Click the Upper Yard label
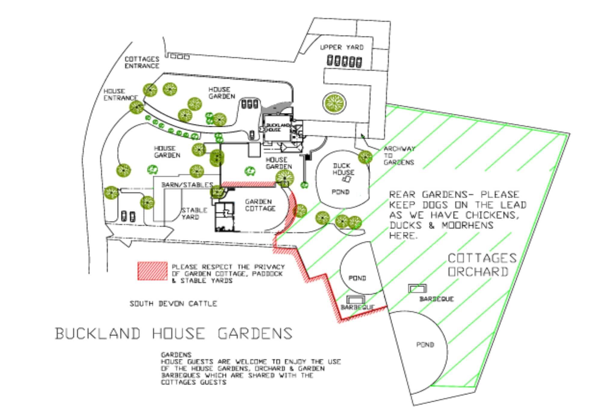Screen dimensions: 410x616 (342, 47)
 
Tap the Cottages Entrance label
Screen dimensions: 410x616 (142, 62)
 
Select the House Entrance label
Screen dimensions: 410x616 (120, 95)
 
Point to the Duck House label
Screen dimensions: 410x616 (343, 169)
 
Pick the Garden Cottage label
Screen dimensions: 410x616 (260, 205)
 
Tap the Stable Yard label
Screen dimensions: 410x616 (194, 214)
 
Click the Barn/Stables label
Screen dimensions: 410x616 (187, 185)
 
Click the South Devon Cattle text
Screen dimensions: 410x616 (173, 304)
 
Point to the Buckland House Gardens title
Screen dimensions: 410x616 (174, 334)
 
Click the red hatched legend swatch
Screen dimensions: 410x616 (152, 271)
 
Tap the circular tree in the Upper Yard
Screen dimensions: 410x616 (334, 103)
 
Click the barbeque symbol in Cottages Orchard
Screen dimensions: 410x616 (417, 289)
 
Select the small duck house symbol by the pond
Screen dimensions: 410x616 (347, 179)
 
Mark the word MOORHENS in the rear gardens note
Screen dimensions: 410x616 (467, 225)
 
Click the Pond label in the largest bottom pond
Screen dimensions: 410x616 (425, 345)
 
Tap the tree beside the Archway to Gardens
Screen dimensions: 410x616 (365, 157)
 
